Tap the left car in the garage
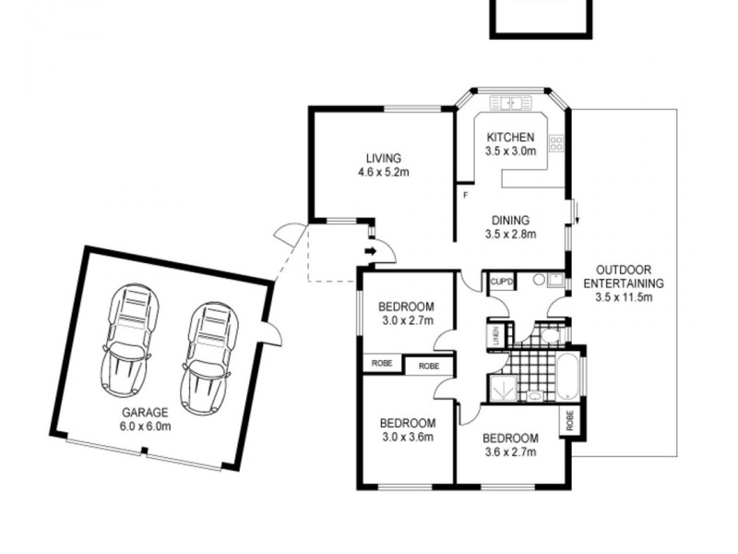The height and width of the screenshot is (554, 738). [x=127, y=337]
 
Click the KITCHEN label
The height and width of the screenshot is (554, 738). [x=511, y=136]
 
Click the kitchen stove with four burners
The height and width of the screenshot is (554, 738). [x=556, y=143]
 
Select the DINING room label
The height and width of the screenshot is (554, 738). [x=510, y=221]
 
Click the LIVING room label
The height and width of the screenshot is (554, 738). [x=383, y=158]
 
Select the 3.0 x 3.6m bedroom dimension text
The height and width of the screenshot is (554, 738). [x=407, y=438]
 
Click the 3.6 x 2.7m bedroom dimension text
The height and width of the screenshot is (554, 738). [x=509, y=452]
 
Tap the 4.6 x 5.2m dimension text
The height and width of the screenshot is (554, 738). [x=384, y=173]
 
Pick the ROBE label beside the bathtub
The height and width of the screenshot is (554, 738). [x=570, y=422]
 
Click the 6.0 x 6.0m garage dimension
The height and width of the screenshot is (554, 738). [x=146, y=426]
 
